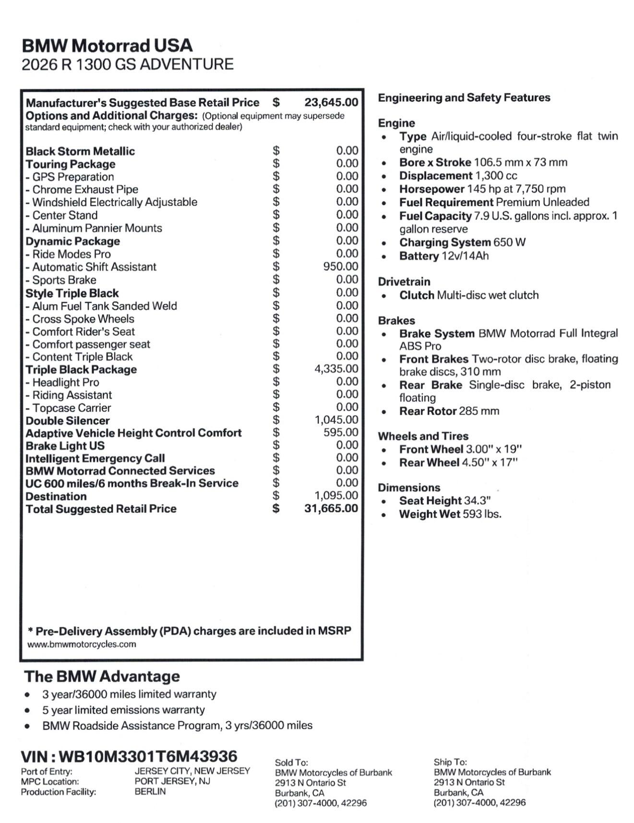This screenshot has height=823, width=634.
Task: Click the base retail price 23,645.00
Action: pos(331,102)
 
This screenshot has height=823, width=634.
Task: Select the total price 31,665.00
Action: pos(331,508)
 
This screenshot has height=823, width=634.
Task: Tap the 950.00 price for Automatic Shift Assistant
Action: pos(340,267)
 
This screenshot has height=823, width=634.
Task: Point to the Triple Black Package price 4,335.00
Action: pos(336,369)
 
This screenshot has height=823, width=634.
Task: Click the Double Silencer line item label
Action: pos(68,421)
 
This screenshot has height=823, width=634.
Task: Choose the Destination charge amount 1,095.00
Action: pos(336,495)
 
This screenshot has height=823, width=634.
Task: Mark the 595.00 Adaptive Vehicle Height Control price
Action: pos(340,432)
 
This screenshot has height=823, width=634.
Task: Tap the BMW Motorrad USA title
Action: pos(107,46)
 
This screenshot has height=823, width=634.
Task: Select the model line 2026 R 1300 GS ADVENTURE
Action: pos(128,64)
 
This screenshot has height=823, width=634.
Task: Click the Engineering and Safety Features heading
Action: pos(464,98)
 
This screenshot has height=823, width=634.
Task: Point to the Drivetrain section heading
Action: pos(404,282)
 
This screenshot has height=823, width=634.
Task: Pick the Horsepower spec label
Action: pos(431,189)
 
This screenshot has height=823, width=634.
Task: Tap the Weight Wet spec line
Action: pos(450,514)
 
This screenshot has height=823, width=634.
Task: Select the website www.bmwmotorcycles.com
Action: pos(82,644)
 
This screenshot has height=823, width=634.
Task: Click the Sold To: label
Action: pos(291,762)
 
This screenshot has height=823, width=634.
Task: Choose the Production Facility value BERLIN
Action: pos(150,791)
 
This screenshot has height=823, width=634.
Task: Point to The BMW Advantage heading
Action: pos(102,676)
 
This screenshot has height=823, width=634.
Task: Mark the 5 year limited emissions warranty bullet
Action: pos(123,710)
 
